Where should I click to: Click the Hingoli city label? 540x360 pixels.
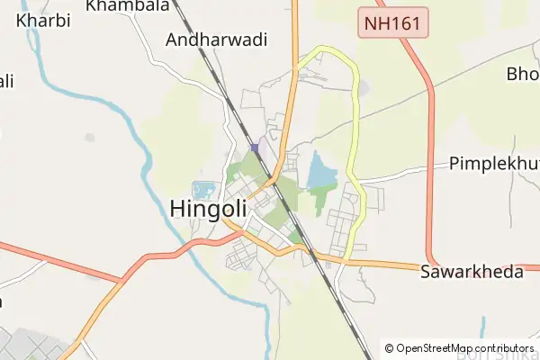[x=208, y=208]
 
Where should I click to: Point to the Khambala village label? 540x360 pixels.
[x=128, y=5]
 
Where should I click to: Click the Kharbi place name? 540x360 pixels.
[x=42, y=19]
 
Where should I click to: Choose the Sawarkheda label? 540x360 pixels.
[x=471, y=272]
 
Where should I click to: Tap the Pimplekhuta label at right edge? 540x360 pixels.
[x=493, y=165]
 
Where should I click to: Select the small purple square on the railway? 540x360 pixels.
[x=255, y=148]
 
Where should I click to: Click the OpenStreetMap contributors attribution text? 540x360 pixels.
[x=464, y=348]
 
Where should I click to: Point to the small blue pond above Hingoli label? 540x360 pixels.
[x=204, y=190]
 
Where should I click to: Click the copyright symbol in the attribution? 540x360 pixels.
[x=389, y=348]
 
